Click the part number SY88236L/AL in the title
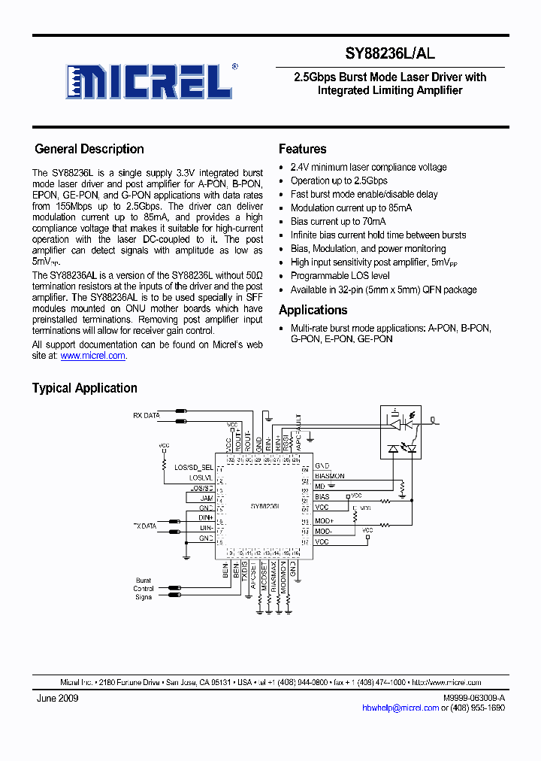pyautogui.click(x=389, y=54)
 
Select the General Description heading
pyautogui.click(x=89, y=149)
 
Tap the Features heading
pyautogui.click(x=302, y=149)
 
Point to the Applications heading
pyautogui.click(x=313, y=310)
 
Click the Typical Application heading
pyautogui.click(x=84, y=388)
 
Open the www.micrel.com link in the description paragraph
pyautogui.click(x=92, y=356)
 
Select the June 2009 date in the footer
pyautogui.click(x=57, y=698)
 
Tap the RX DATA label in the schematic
pyautogui.click(x=147, y=415)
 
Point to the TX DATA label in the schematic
pyautogui.click(x=145, y=526)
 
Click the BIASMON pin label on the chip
pyautogui.click(x=329, y=476)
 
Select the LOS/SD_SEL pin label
pyautogui.click(x=194, y=468)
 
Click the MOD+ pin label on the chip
pyautogui.click(x=324, y=520)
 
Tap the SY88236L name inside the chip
pyautogui.click(x=265, y=506)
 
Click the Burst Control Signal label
pyautogui.click(x=144, y=589)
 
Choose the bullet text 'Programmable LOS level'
pyautogui.click(x=340, y=276)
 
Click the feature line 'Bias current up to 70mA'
pyautogui.click(x=338, y=222)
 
